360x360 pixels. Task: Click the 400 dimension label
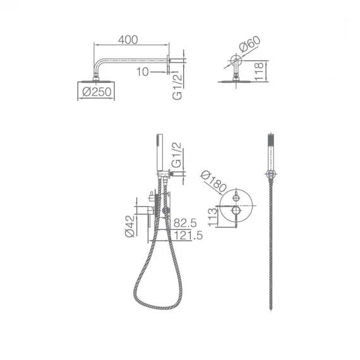click(128, 40)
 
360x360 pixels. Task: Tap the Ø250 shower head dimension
click(97, 92)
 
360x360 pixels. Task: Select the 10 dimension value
click(143, 72)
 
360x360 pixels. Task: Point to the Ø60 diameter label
click(249, 44)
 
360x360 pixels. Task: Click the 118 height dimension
click(259, 71)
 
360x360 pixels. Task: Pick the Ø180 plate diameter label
click(213, 181)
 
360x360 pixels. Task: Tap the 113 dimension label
click(213, 217)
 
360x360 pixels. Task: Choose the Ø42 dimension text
click(129, 226)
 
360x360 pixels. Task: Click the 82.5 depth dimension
click(185, 223)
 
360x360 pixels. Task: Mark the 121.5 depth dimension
click(188, 236)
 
